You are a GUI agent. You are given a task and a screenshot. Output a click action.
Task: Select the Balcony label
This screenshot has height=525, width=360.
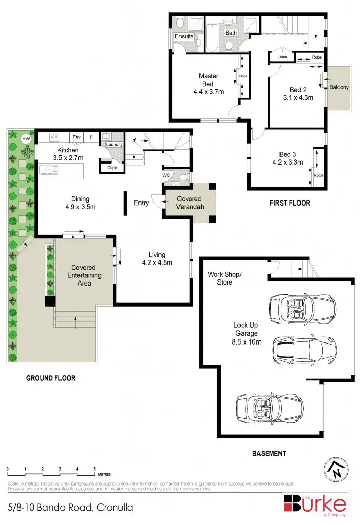pyautogui.click(x=338, y=87)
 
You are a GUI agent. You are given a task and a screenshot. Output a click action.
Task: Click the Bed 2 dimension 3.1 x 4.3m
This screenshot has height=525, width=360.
pyautogui.click(x=298, y=97)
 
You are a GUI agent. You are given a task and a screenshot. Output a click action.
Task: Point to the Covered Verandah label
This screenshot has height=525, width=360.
pyautogui.click(x=189, y=203)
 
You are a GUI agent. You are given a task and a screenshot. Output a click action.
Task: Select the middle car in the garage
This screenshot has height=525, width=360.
pyautogui.click(x=299, y=350)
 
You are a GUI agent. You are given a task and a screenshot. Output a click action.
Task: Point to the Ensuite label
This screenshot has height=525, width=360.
pyautogui.click(x=184, y=37)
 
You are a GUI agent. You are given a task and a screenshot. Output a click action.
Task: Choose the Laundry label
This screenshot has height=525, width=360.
pyautogui.click(x=114, y=144)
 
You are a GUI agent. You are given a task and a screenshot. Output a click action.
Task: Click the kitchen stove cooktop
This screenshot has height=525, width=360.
pyautogui.click(x=55, y=137)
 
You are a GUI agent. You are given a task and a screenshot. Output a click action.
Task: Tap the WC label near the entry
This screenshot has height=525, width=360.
pyautogui.click(x=166, y=175)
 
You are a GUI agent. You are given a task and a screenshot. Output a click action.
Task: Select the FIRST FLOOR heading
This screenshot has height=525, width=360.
pyautogui.click(x=290, y=203)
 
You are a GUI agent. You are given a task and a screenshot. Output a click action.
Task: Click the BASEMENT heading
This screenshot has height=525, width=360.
pyautogui.click(x=269, y=453)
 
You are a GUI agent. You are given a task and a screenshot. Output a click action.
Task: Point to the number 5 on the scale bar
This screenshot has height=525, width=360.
pyautogui.click(x=95, y=469)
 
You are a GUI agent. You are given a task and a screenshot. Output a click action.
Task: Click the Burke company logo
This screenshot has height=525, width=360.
pyautogui.click(x=315, y=504)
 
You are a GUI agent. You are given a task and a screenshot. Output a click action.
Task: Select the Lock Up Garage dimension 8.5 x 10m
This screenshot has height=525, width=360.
pyautogui.click(x=246, y=340)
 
